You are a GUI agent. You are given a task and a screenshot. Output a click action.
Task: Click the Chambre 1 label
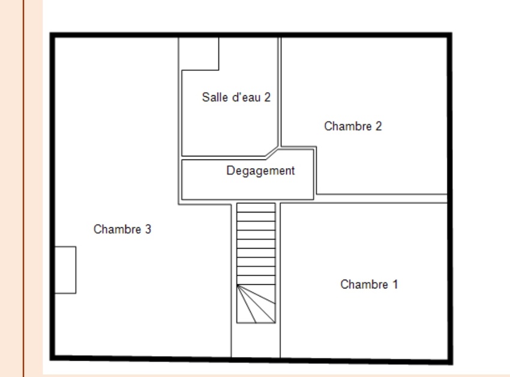point(368,285)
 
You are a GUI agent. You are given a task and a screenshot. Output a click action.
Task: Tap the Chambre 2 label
point(353,127)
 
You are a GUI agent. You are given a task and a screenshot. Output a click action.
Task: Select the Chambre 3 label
point(122,229)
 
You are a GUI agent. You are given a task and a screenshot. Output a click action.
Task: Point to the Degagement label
point(260,171)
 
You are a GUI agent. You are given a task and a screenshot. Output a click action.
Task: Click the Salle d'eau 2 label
point(236,97)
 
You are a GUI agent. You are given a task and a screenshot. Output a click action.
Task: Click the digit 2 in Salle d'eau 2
point(268,97)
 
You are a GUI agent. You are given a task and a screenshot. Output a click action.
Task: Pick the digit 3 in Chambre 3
point(148,229)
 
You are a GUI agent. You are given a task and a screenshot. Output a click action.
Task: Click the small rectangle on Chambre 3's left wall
point(65,270)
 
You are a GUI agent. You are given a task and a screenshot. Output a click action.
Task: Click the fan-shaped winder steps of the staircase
point(256,304)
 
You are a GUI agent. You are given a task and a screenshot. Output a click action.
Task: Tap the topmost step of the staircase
point(256,208)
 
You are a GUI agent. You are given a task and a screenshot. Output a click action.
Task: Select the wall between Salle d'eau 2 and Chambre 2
point(280,90)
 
